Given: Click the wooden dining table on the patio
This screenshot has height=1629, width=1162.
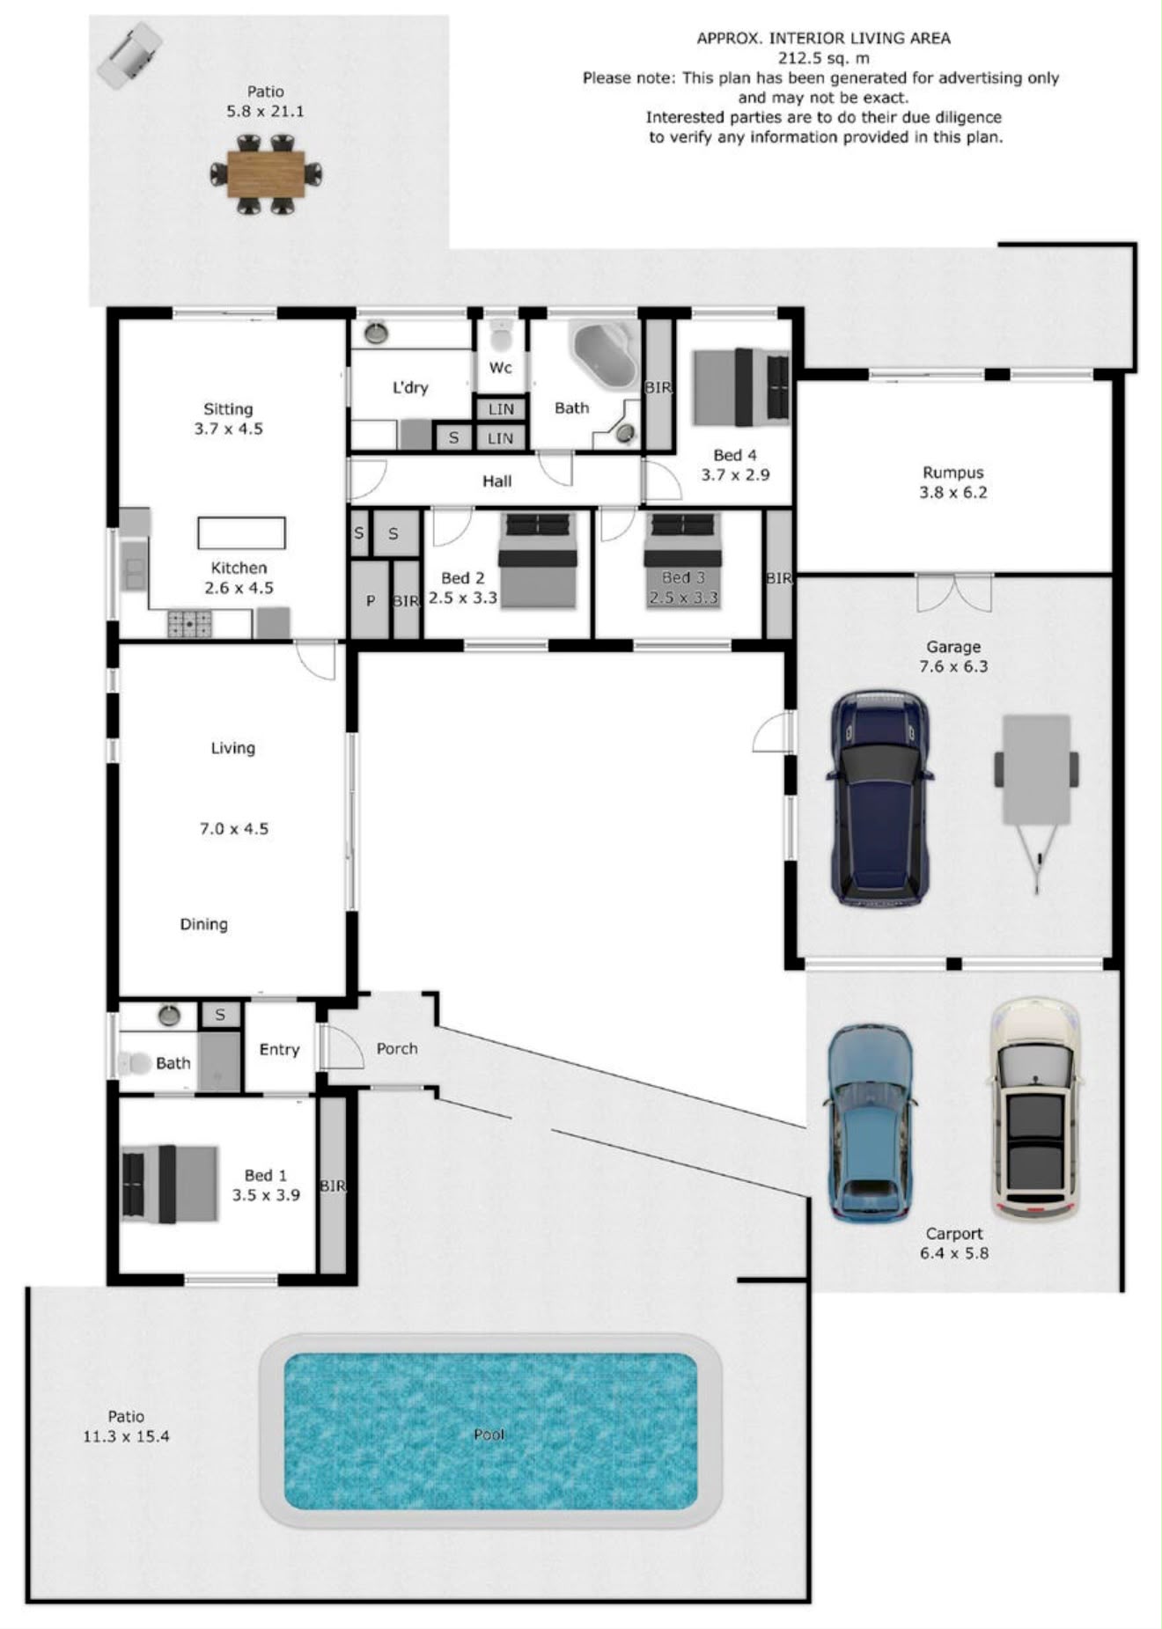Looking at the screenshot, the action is click(x=266, y=174).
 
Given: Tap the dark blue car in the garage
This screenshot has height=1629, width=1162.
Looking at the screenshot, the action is click(x=879, y=798).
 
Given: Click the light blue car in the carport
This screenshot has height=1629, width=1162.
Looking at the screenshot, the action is click(x=870, y=1123).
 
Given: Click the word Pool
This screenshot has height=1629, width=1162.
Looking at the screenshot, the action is click(x=489, y=1435).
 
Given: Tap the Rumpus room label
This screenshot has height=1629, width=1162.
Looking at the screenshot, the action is click(x=953, y=473).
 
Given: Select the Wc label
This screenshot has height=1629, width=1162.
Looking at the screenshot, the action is click(x=501, y=368).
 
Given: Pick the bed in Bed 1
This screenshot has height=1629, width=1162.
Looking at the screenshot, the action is click(x=170, y=1184).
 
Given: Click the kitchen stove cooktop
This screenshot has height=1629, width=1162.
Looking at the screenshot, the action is click(x=189, y=624).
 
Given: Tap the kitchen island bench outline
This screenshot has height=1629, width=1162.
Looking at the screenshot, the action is click(x=241, y=532).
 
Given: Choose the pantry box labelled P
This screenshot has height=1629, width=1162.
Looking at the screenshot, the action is click(x=370, y=599).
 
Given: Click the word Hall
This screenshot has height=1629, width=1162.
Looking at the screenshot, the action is click(x=496, y=481).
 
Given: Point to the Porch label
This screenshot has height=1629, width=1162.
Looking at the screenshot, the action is click(x=397, y=1048).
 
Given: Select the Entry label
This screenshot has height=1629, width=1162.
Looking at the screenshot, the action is click(x=279, y=1050).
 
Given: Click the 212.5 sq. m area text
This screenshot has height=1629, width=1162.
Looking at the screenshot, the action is click(x=823, y=58).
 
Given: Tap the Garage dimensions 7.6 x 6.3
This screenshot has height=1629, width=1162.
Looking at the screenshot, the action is click(x=953, y=666).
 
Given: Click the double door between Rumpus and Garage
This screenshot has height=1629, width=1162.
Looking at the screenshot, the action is click(x=954, y=591).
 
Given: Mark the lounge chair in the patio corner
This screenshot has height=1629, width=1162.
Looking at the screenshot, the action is click(x=129, y=55).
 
